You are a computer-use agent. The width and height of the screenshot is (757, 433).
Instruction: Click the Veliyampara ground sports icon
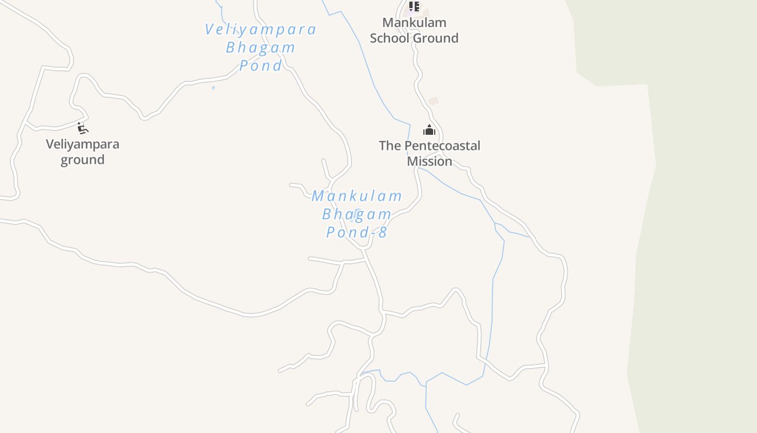tap(82, 128)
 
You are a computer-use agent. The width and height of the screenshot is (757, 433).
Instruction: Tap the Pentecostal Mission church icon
tap(429, 130)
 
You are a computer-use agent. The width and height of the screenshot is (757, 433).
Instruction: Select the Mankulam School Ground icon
tap(414, 6)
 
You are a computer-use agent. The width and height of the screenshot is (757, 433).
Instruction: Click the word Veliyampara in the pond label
tap(260, 29)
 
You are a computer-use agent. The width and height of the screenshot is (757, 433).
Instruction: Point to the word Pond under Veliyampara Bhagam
tap(261, 65)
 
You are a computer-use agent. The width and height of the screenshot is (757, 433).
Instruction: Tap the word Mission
tap(429, 161)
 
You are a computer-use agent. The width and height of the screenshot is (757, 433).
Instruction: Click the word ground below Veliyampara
tap(82, 160)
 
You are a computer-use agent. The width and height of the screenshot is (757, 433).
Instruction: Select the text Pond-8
tap(356, 232)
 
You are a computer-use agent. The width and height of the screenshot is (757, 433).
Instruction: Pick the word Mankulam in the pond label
tap(357, 196)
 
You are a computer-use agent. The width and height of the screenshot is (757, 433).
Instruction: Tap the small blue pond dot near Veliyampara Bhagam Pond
tap(213, 88)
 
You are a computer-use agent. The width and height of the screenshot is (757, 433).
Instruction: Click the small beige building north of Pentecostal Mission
tap(433, 101)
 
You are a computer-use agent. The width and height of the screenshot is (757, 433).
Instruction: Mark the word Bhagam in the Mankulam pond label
tap(357, 214)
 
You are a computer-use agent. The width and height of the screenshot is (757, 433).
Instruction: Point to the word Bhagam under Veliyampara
tap(261, 48)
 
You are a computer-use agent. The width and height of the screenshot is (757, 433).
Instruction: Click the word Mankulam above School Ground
tap(414, 23)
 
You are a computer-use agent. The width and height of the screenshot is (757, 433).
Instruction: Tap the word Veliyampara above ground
tap(82, 145)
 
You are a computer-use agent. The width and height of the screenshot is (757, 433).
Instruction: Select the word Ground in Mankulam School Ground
tap(436, 38)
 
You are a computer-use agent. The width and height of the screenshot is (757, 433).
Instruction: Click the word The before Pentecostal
tap(390, 146)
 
